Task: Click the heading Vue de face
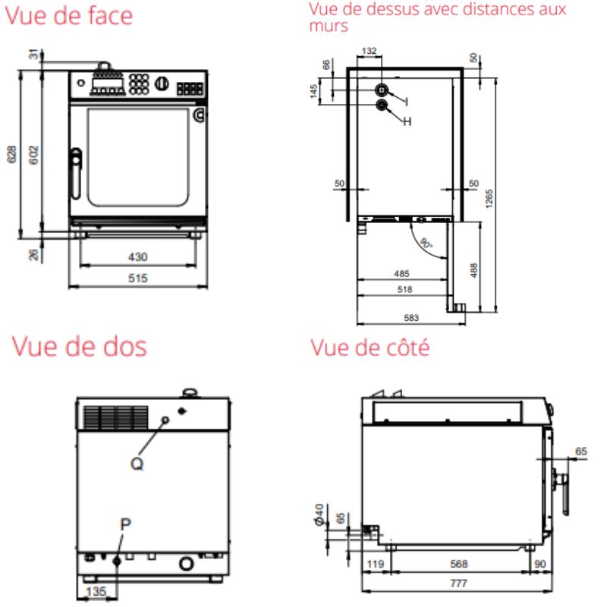(69, 14)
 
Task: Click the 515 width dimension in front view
(137, 278)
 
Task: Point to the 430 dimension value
(137, 256)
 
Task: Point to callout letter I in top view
(407, 101)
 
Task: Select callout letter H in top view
(407, 121)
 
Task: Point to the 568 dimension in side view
(458, 564)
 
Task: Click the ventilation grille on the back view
(115, 417)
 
